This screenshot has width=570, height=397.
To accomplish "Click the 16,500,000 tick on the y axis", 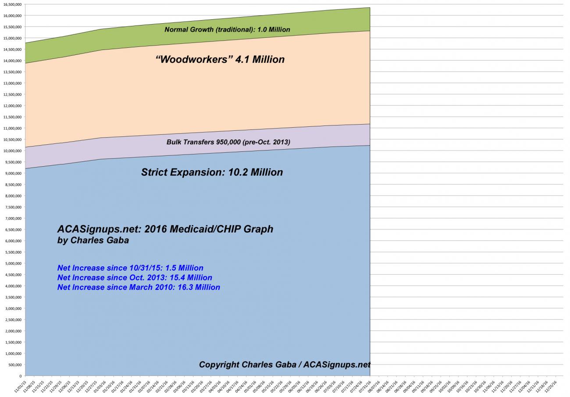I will pos(13,4).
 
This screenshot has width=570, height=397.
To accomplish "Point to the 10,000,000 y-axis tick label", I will pos(13,151).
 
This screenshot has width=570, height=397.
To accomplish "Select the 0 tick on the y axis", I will pos(20,376).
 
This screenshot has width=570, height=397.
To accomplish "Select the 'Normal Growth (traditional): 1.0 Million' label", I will pos(227,29).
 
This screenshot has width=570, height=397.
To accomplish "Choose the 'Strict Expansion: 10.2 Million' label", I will pos(212,172).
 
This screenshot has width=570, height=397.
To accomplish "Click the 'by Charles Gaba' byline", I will pos(93,240).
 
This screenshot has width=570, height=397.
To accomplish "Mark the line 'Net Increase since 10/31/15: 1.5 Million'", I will pos(130,268).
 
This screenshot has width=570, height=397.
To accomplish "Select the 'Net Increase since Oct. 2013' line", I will pos(135,278).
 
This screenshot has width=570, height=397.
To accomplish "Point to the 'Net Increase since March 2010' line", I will pos(139,287).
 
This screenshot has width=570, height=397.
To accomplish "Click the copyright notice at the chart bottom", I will pos(285,365).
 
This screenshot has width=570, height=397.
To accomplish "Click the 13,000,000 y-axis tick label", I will pos(13,83).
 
